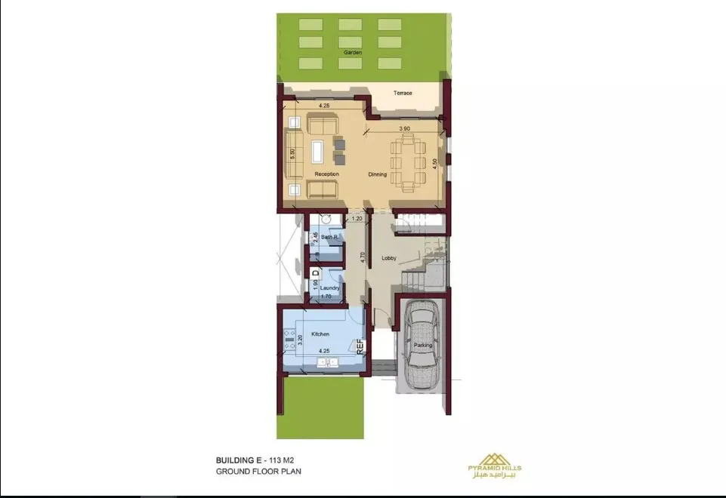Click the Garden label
coord(353,53)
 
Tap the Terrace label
coord(403,93)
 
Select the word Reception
coord(326,174)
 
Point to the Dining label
coord(377,175)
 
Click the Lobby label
coord(389,258)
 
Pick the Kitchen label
coord(320,334)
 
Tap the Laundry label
coord(329,287)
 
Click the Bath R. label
coord(329,237)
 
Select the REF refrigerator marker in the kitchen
coord(360,347)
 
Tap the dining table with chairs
coord(407,162)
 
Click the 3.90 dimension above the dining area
coord(404,128)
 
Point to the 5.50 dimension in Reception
coord(292,154)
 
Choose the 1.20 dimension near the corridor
coord(357,219)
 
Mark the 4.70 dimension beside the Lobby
coord(363,257)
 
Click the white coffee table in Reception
coord(317,152)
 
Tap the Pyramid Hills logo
coord(495,465)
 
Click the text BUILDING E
coord(235,460)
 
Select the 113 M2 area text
coord(281,460)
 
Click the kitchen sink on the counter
coord(328,362)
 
